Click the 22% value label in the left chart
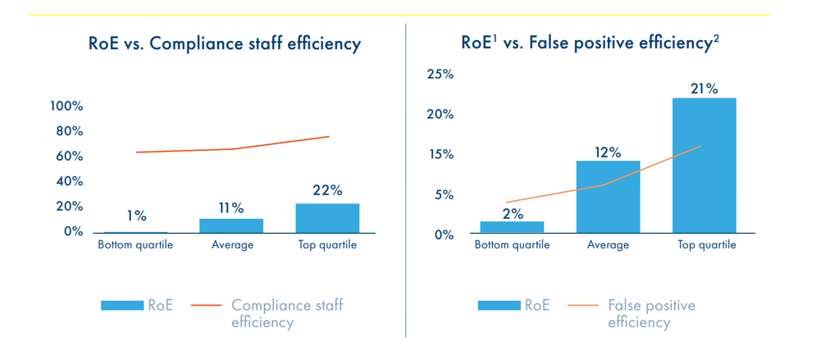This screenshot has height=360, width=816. [327, 190]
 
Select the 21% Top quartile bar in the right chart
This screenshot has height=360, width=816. [704, 165]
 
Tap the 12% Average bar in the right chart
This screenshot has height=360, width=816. [608, 197]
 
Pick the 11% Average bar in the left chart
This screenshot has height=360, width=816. [231, 226]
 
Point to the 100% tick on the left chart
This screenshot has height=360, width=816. [66, 107]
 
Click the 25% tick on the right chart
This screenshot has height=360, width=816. [440, 75]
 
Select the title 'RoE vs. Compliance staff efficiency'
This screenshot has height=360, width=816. [224, 43]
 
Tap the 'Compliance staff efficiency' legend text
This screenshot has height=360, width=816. [287, 313]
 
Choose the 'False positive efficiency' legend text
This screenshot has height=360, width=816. [651, 313]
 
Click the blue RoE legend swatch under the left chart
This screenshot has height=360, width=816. [122, 306]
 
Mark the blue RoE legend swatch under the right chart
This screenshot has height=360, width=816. [499, 306]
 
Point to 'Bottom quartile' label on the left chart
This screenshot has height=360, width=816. [135, 245]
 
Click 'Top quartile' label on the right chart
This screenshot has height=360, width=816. [706, 245]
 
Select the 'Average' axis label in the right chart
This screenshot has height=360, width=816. [608, 245]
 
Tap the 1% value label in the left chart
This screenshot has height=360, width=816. [136, 216]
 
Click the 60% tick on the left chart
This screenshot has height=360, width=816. [70, 157]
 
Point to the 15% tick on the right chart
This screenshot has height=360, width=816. [440, 155]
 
